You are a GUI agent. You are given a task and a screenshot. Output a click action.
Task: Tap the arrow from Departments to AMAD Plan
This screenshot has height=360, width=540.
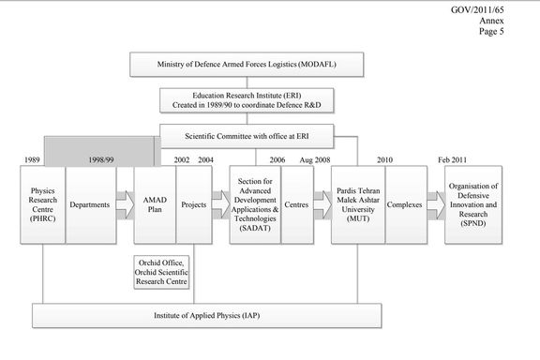pos(123,204)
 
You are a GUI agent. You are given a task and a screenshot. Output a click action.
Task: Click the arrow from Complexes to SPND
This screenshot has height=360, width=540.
pos(436,204)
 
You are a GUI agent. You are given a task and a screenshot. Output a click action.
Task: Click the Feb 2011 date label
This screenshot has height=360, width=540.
pos(457,160)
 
